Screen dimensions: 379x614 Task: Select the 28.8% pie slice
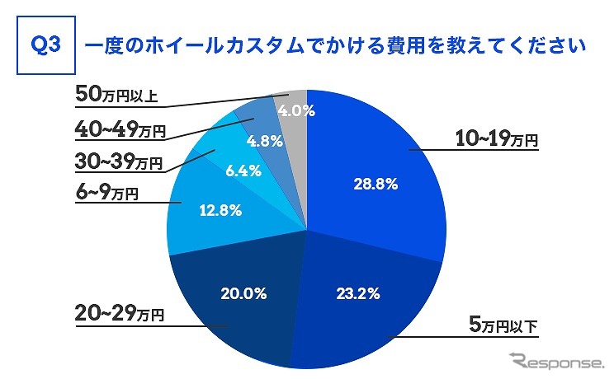(371, 165)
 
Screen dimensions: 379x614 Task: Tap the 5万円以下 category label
(503, 325)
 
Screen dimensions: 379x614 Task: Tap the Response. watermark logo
(557, 360)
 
